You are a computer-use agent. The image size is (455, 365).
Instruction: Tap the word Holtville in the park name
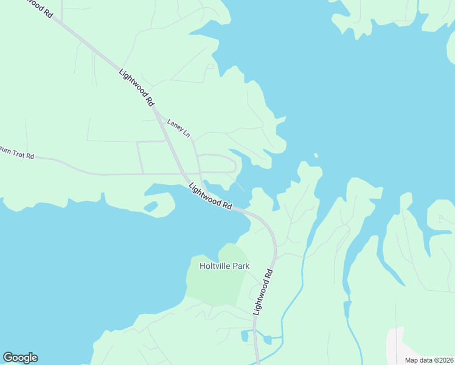click(215, 266)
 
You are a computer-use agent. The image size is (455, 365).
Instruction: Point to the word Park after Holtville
click(240, 266)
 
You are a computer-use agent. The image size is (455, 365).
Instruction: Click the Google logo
click(20, 358)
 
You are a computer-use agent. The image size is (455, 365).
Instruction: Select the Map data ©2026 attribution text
click(429, 360)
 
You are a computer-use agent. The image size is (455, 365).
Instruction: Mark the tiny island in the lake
click(316, 155)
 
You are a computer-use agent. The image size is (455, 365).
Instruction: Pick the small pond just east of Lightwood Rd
click(268, 339)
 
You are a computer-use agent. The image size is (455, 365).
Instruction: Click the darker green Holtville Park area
click(216, 283)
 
